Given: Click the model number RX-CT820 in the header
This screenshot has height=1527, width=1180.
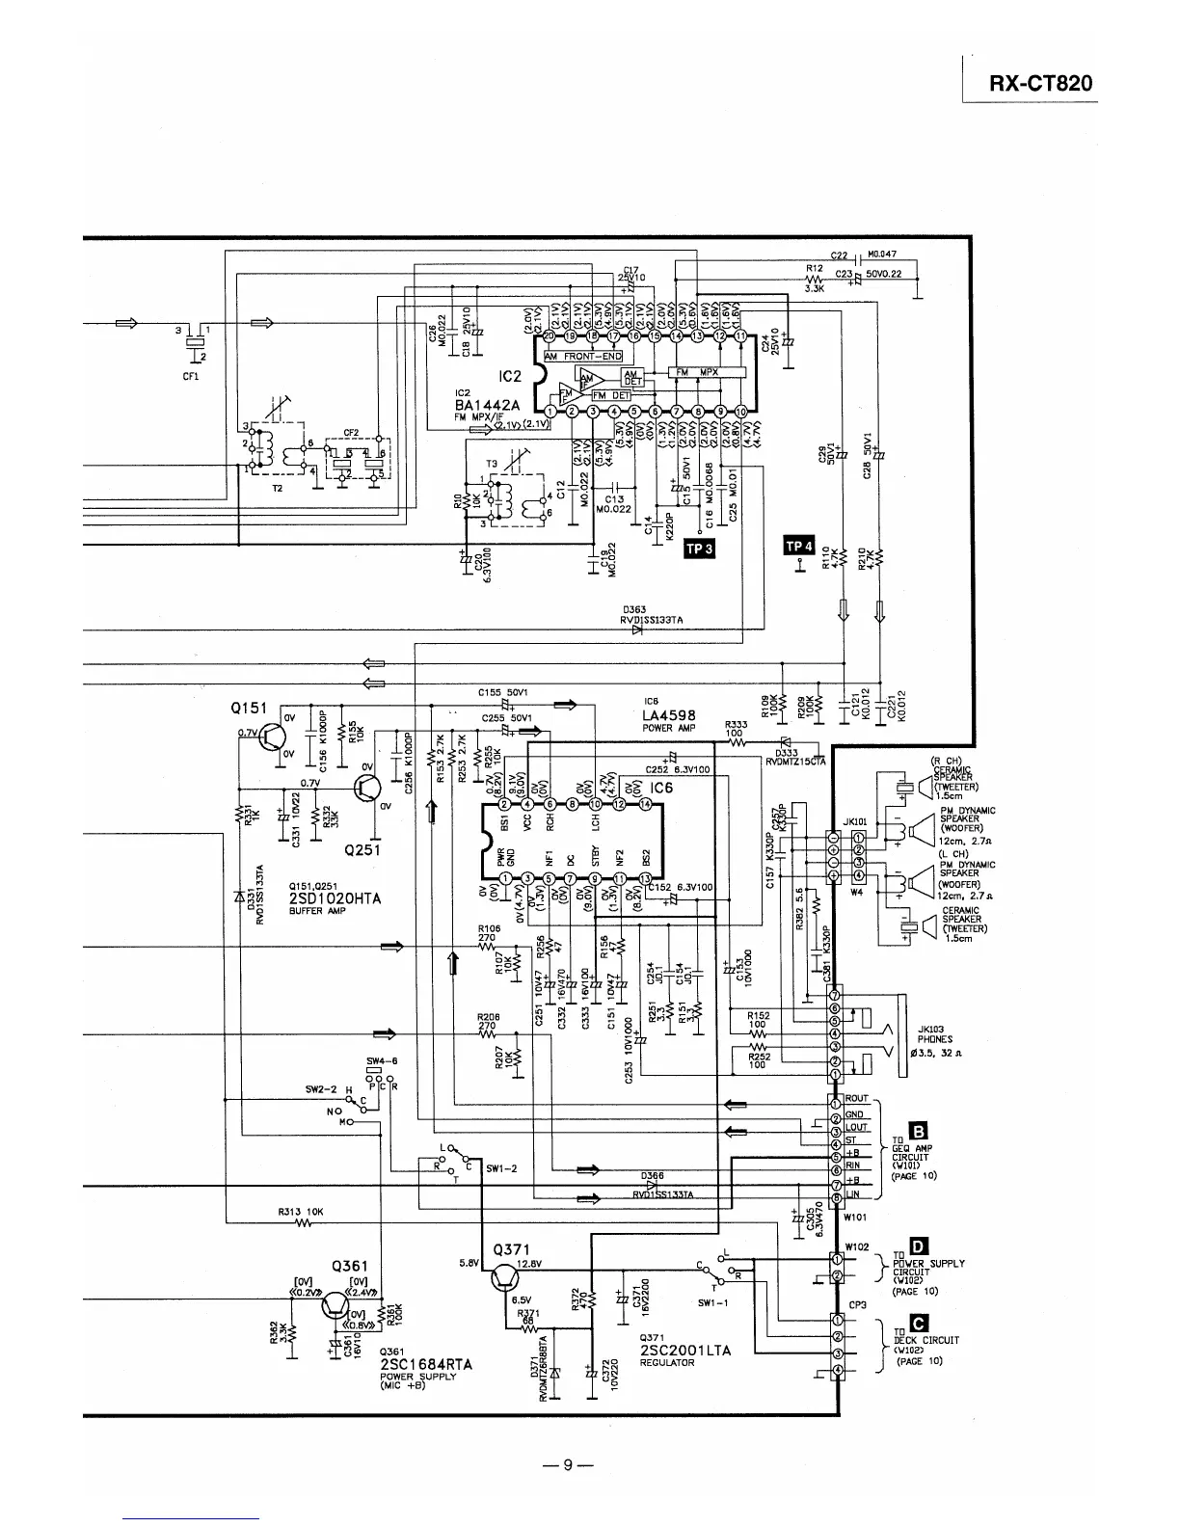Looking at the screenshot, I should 1041,83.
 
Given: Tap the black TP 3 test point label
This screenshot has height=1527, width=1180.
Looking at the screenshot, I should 697,549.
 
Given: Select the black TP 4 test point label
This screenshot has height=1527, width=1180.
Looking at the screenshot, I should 799,547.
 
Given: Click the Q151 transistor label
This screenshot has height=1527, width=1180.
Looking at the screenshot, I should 248,709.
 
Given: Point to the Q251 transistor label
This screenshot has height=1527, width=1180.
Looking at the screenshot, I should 362,849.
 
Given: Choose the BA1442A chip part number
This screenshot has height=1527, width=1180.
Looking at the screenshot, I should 488,406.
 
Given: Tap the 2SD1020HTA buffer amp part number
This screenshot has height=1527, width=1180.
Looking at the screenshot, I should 335,898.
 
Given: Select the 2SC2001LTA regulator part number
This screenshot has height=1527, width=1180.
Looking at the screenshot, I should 684,1351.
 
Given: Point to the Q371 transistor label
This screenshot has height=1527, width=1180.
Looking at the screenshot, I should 511,1249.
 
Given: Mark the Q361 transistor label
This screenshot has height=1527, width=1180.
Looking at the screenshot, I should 350,1266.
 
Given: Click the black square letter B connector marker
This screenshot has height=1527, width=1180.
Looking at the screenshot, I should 919,1132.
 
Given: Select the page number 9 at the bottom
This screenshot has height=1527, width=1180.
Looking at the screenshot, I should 568,1465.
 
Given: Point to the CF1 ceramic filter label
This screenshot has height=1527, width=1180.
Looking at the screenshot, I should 191,376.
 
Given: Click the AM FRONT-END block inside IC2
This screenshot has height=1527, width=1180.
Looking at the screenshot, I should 582,356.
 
